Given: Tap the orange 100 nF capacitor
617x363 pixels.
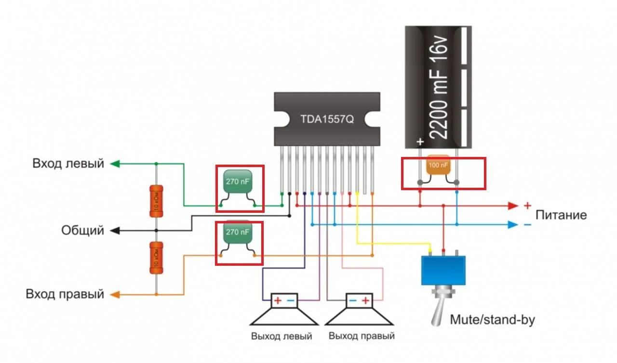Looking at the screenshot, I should coord(438,166).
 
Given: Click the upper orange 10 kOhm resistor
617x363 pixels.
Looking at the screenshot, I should coord(156,201).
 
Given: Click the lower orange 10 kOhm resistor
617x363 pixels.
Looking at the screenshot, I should coord(156,258).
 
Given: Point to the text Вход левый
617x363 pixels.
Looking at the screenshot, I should coord(68,163).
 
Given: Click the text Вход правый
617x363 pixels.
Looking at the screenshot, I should coord(65,294).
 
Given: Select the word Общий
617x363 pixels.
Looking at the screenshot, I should coord(82,231).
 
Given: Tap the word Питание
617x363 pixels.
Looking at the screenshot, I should coord(561,215).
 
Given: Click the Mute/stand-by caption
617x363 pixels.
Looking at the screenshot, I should coord(492,319).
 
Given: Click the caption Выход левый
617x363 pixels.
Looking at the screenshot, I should coord(282,336).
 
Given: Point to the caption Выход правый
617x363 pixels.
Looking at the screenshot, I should coord(362,336).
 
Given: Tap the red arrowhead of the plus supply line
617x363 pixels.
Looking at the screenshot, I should coord(513,206).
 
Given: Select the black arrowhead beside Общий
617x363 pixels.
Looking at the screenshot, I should coord(115,231).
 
